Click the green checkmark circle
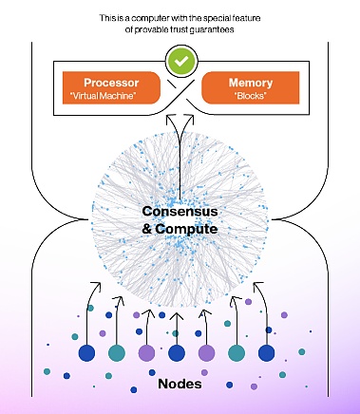tap(181, 61)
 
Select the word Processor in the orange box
tap(111, 83)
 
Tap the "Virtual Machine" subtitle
tap(102, 96)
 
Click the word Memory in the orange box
tap(251, 83)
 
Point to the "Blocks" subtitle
tap(250, 96)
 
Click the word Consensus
tap(180, 212)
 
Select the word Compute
tap(186, 229)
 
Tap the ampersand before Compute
tap(146, 229)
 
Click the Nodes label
tap(180, 384)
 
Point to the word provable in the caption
tap(152, 29)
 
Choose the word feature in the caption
tap(245, 18)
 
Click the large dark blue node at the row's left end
tap(86, 353)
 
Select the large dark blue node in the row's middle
tap(177, 353)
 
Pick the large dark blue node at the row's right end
tap(267, 353)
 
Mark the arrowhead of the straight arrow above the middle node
tap(177, 315)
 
